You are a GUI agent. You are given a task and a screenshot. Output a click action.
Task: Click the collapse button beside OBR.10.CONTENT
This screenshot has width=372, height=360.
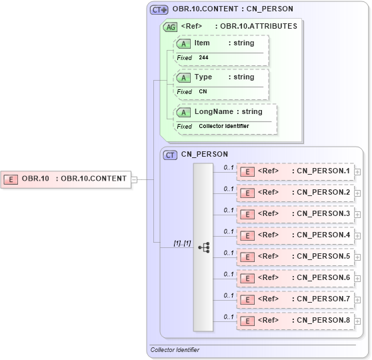tap(134, 179)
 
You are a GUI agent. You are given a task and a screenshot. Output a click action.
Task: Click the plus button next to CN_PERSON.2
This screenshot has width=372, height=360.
tap(358, 193)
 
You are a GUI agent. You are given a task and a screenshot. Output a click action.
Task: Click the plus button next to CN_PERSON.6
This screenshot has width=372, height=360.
tap(358, 279)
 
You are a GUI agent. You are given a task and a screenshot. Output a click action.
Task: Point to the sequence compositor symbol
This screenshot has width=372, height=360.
tap(203, 247)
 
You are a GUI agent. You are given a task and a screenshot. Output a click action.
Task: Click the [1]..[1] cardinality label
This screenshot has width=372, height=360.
tap(182, 243)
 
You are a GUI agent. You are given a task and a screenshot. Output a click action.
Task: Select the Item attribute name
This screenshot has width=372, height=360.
tap(202, 43)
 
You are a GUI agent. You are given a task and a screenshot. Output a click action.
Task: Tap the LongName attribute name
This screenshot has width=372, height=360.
tap(213, 111)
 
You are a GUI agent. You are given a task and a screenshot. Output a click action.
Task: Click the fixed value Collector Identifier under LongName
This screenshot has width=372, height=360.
tap(224, 126)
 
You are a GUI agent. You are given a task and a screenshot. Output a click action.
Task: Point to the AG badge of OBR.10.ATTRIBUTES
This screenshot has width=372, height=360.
tap(170, 27)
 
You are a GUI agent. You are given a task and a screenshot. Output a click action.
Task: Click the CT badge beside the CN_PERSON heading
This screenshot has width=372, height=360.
tap(171, 154)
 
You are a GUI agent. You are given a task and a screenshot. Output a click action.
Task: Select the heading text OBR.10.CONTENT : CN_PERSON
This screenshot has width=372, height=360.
tap(232, 9)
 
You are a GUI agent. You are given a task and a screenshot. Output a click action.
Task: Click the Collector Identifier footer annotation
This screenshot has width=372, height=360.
tap(175, 349)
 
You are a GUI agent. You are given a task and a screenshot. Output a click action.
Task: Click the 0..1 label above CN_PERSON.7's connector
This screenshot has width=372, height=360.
tap(229, 295)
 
